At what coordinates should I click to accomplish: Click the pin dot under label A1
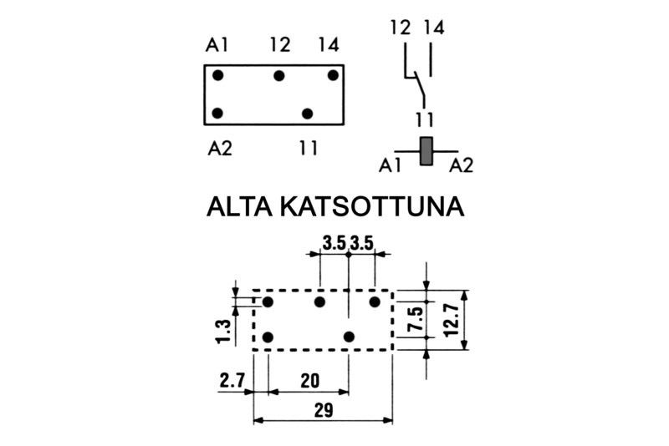[x=217, y=76]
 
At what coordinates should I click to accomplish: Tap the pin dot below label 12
[x=279, y=76]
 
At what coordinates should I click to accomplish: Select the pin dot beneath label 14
[x=333, y=76]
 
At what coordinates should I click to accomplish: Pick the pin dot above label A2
[x=217, y=113]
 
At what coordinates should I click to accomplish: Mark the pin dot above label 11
[x=309, y=113]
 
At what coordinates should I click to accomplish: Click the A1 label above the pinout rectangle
[x=217, y=45]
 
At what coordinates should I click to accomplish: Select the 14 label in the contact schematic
[x=432, y=28]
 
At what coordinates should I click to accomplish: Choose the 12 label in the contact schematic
[x=401, y=28]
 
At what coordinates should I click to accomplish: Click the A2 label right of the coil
[x=461, y=165]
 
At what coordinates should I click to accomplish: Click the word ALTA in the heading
[x=243, y=206]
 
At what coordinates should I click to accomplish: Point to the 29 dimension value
[x=322, y=409]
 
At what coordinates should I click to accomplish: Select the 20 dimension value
[x=309, y=381]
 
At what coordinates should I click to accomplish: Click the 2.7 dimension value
[x=232, y=381]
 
